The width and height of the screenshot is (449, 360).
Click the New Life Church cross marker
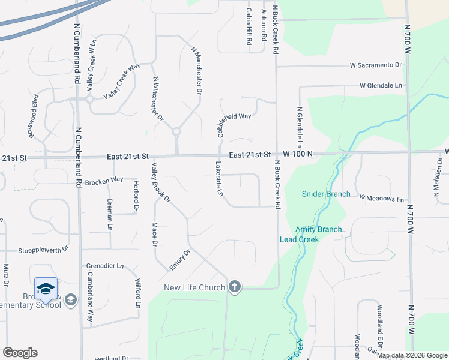click(235, 287)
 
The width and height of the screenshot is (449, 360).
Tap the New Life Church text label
click(194, 287)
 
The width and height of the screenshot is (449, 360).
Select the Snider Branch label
click(325, 194)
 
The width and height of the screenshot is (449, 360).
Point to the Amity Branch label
click(318, 229)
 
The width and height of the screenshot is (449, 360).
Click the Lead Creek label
click(299, 239)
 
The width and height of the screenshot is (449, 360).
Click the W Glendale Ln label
click(381, 86)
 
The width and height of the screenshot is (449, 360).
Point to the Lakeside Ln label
click(219, 179)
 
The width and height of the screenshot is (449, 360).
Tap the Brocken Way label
click(104, 179)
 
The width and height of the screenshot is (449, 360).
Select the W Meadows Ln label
click(382, 198)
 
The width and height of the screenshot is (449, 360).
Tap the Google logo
click(20, 353)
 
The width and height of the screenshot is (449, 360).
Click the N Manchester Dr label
click(195, 71)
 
